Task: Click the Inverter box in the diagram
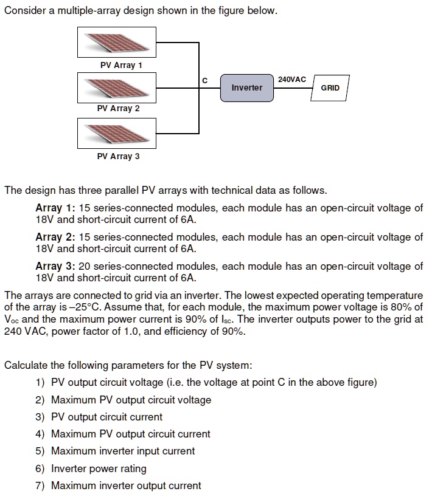246,88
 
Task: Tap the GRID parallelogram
330,88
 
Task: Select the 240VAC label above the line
292,79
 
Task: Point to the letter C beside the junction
204,81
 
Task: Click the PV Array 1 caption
121,65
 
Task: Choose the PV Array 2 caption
119,108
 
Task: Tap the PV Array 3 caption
119,156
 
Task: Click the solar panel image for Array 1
117,42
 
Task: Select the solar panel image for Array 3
117,134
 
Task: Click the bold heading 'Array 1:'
55,208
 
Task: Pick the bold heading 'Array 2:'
55,237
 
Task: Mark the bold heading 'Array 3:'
55,266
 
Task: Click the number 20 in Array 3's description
85,266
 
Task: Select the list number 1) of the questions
40,382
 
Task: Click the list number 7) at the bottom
40,485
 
